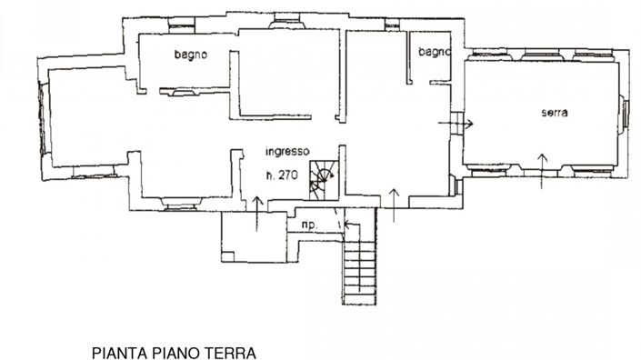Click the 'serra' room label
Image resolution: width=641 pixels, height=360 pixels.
pyautogui.click(x=554, y=113)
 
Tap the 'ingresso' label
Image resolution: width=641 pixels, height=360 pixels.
pyautogui.click(x=287, y=152)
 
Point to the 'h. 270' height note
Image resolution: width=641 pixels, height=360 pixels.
pyautogui.click(x=281, y=174)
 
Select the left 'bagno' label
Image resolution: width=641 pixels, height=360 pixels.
pyautogui.click(x=191, y=55)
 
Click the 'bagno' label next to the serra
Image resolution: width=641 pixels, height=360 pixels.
pyautogui.click(x=434, y=53)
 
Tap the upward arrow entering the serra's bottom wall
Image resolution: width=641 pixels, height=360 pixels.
pyautogui.click(x=541, y=169)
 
